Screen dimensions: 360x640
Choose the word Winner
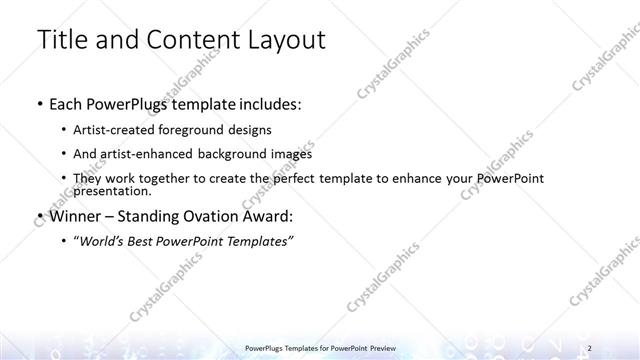(72, 216)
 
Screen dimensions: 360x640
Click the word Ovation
(212, 216)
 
